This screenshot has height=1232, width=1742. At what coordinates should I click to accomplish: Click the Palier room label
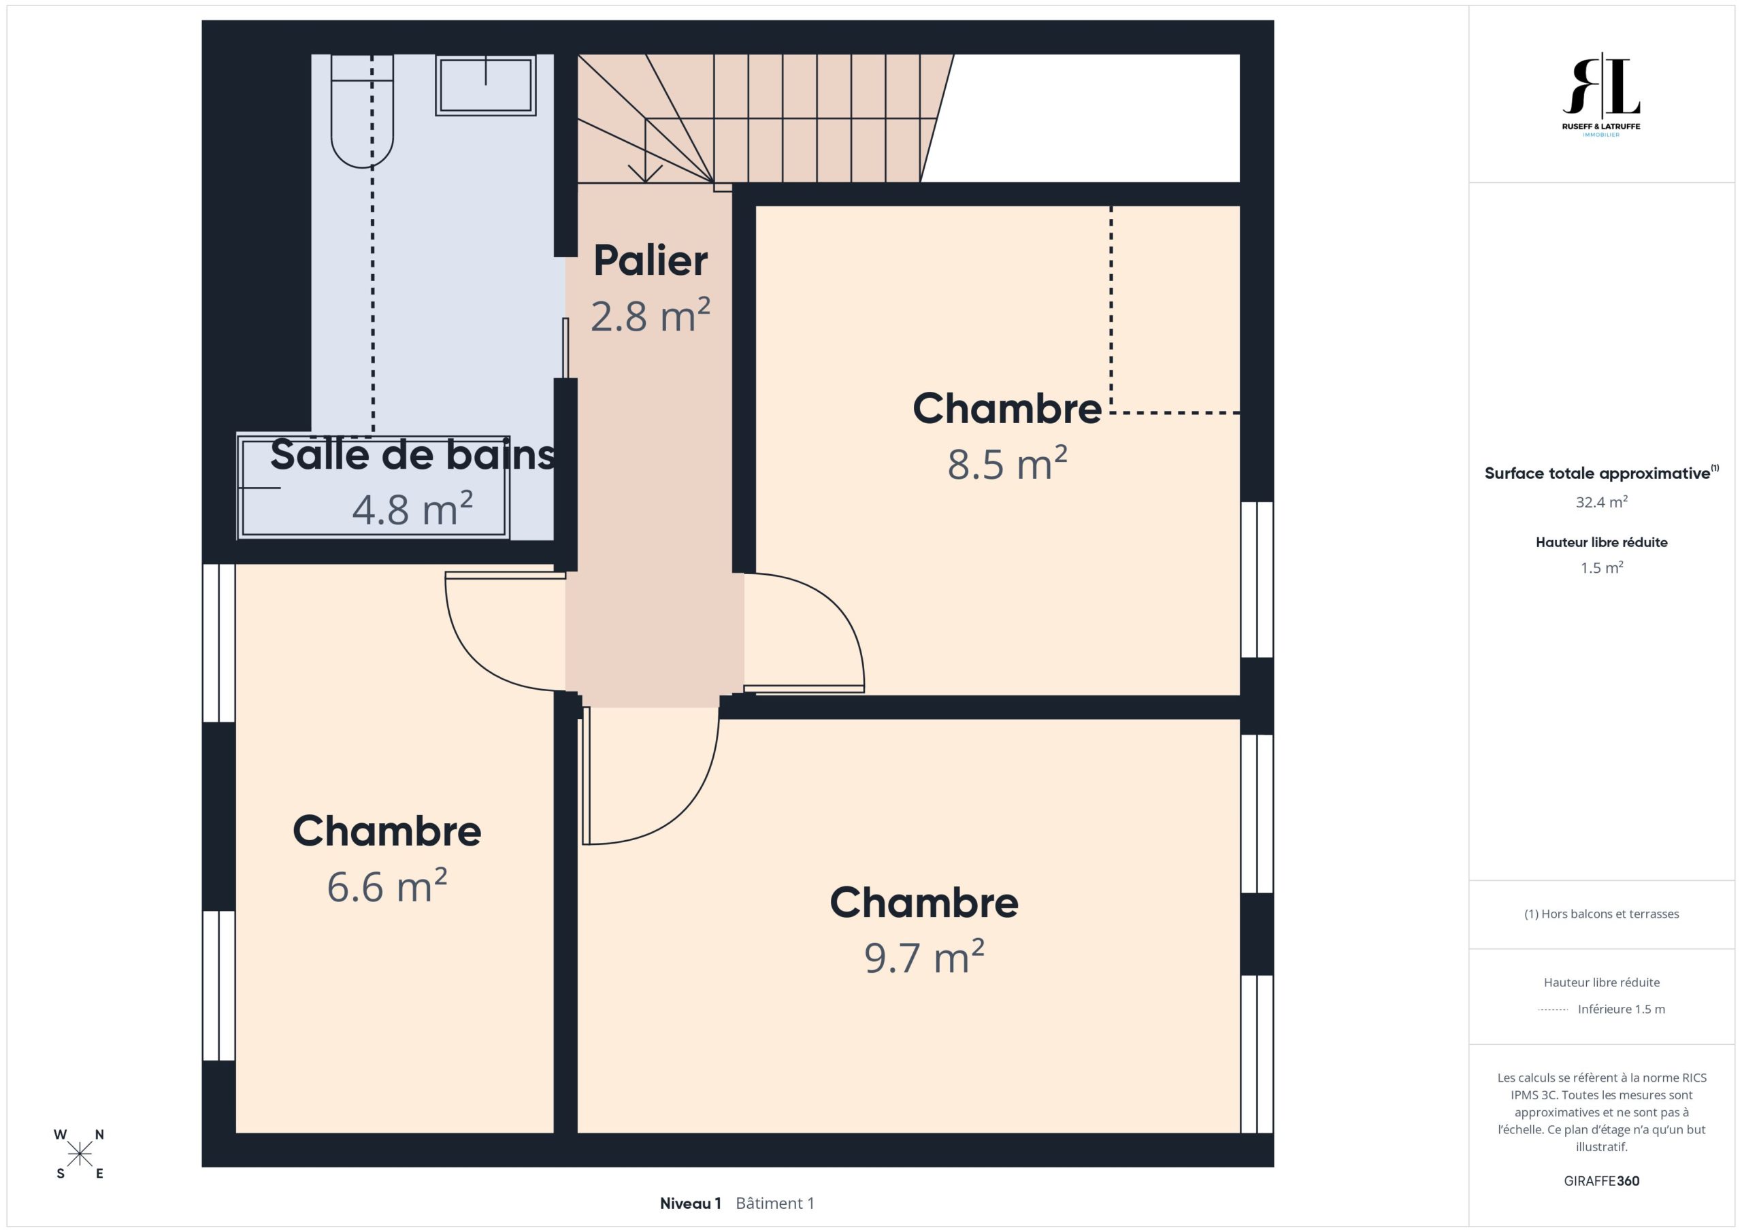[x=651, y=261]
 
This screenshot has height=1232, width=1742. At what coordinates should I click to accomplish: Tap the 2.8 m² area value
[x=651, y=316]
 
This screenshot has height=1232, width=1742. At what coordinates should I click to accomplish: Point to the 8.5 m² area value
[x=1007, y=463]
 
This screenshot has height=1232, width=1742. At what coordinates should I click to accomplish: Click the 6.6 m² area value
[x=387, y=886]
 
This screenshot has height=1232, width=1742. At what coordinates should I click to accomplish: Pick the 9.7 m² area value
[x=924, y=957]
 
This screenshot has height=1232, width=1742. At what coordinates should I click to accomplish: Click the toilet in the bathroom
[x=362, y=111]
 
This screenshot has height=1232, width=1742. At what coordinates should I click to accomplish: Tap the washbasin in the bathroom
[x=486, y=85]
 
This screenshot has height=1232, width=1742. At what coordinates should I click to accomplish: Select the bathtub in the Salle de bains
[x=374, y=488]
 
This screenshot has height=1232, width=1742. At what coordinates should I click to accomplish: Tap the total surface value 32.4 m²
[x=1602, y=502]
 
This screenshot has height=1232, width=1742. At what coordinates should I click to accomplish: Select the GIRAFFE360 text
[x=1602, y=1180]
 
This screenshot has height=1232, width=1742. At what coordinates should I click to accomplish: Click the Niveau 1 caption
[x=691, y=1203]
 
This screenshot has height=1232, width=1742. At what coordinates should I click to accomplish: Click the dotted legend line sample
[x=1553, y=1010]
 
